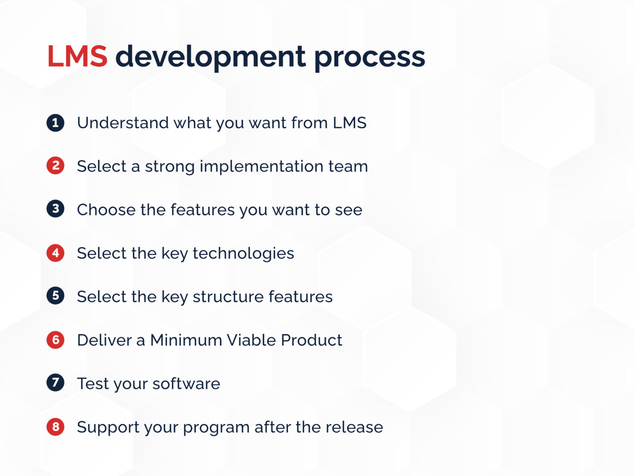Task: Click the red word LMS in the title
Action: [77, 57]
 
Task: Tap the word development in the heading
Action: [210, 57]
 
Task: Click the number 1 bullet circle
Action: [55, 123]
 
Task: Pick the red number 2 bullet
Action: [55, 166]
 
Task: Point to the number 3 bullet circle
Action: [55, 209]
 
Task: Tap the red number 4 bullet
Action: [55, 253]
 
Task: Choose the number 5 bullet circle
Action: [55, 296]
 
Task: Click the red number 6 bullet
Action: [55, 340]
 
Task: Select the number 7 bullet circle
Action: [55, 383]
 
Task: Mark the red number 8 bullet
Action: [55, 427]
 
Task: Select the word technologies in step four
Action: [243, 253]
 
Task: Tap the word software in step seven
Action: [186, 384]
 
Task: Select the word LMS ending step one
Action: [349, 123]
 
